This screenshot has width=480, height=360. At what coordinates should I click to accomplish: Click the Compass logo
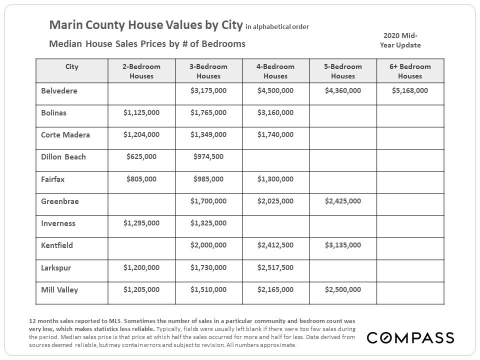pyautogui.click(x=410, y=338)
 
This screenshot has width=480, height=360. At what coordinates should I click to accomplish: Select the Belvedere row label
pyautogui.click(x=59, y=91)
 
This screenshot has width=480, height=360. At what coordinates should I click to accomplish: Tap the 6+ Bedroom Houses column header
pyautogui.click(x=410, y=71)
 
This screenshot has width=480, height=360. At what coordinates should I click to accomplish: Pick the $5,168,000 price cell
pyautogui.click(x=410, y=90)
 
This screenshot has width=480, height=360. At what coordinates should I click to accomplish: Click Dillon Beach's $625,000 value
pyautogui.click(x=141, y=156)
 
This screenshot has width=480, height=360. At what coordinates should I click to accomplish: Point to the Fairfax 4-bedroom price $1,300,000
pyautogui.click(x=275, y=178)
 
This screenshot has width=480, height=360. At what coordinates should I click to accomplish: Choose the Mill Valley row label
pyautogui.click(x=59, y=289)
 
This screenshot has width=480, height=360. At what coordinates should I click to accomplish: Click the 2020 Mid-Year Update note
pyautogui.click(x=400, y=40)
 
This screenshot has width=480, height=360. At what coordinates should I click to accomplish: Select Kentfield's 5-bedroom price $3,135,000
pyautogui.click(x=342, y=245)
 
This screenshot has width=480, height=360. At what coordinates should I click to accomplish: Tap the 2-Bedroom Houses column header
pyautogui.click(x=141, y=71)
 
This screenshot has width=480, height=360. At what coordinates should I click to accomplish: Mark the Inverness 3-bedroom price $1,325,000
pyautogui.click(x=208, y=223)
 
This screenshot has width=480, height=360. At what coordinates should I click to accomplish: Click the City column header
pyautogui.click(x=72, y=66)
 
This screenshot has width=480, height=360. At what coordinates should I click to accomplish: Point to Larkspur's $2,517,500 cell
pyautogui.click(x=275, y=267)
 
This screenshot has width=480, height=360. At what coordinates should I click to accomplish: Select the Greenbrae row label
pyautogui.click(x=60, y=201)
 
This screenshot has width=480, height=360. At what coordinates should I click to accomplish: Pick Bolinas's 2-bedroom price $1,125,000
pyautogui.click(x=141, y=112)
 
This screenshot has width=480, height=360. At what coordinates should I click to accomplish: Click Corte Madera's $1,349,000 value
pyautogui.click(x=208, y=134)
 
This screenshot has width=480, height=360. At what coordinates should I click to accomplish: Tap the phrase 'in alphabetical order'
pyautogui.click(x=277, y=26)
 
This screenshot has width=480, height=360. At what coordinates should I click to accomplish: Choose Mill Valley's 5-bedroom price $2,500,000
pyautogui.click(x=342, y=289)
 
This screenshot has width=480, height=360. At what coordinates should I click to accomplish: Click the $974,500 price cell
pyautogui.click(x=208, y=156)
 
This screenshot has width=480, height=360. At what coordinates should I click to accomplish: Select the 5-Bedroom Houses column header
pyautogui.click(x=342, y=71)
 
